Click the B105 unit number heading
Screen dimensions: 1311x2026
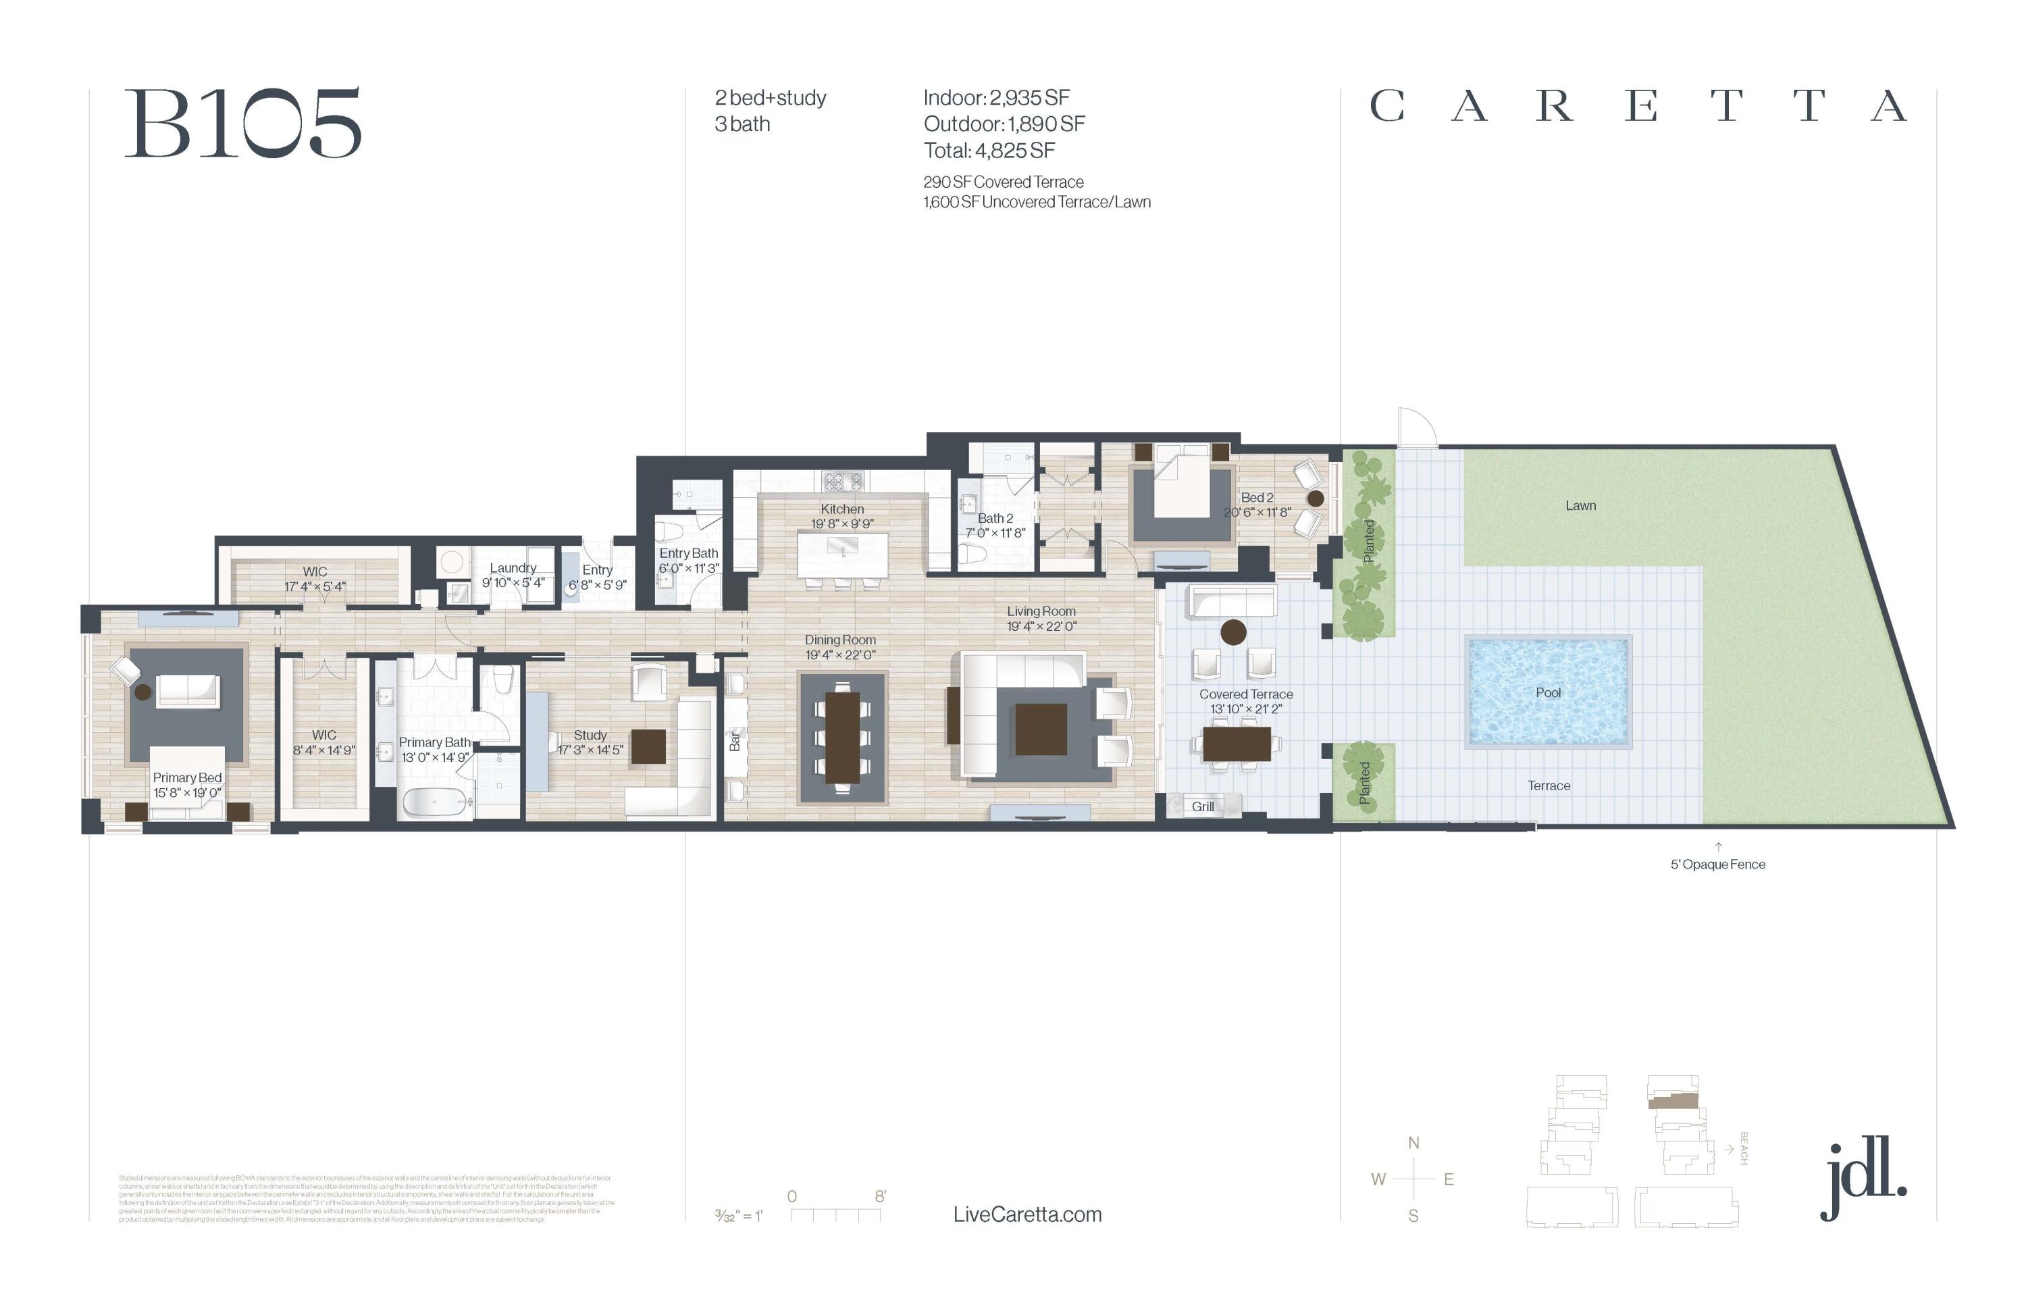click(244, 124)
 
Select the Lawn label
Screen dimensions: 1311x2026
click(1580, 506)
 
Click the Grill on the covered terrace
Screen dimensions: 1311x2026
click(1202, 806)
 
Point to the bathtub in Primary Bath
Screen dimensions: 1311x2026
click(434, 802)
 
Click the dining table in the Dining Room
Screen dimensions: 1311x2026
click(842, 737)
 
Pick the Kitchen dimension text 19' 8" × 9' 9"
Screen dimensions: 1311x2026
click(842, 523)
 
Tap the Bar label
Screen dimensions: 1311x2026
click(735, 742)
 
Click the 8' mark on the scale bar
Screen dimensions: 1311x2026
click(880, 1196)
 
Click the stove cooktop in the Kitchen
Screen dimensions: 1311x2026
click(842, 482)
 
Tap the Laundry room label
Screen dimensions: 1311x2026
click(513, 568)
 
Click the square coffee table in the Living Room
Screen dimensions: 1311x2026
click(1040, 729)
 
